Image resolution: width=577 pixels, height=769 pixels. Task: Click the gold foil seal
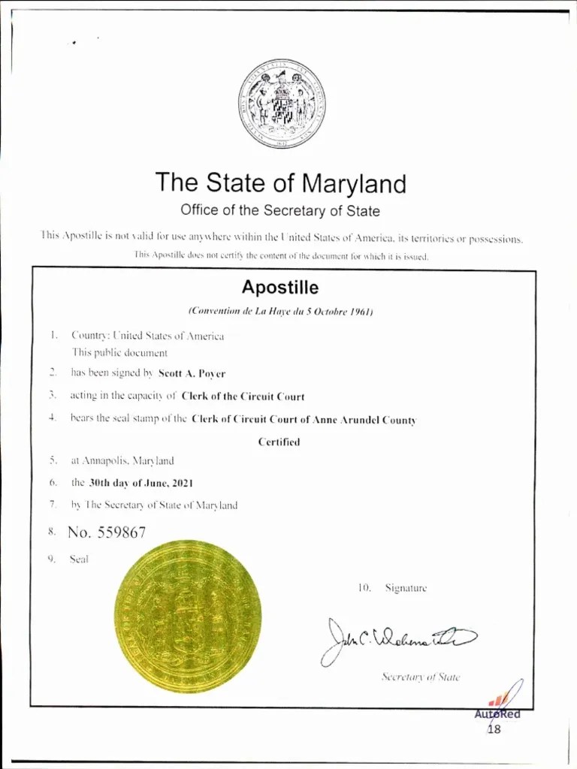point(187,617)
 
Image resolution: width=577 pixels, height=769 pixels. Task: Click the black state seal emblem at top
point(281,104)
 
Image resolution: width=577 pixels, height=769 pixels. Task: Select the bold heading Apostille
point(279,288)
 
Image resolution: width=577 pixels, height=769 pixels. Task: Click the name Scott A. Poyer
point(192,373)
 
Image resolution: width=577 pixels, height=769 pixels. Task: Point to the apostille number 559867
point(107,532)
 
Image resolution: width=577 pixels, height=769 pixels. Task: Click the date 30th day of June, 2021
point(141,484)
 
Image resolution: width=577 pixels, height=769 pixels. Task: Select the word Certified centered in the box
point(279,442)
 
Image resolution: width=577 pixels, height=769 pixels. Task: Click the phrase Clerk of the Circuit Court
point(243,397)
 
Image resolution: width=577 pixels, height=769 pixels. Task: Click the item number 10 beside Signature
point(365,588)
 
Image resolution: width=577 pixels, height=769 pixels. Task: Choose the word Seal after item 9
point(79,559)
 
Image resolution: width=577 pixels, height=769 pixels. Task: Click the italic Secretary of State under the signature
point(420,677)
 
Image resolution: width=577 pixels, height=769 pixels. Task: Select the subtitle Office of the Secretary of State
point(280,210)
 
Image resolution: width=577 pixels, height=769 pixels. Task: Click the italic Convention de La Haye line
point(280,311)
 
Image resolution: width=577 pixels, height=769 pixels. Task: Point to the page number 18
point(494,728)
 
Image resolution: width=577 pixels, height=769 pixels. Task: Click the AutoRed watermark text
point(497,714)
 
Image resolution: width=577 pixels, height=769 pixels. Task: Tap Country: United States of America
point(147,336)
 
